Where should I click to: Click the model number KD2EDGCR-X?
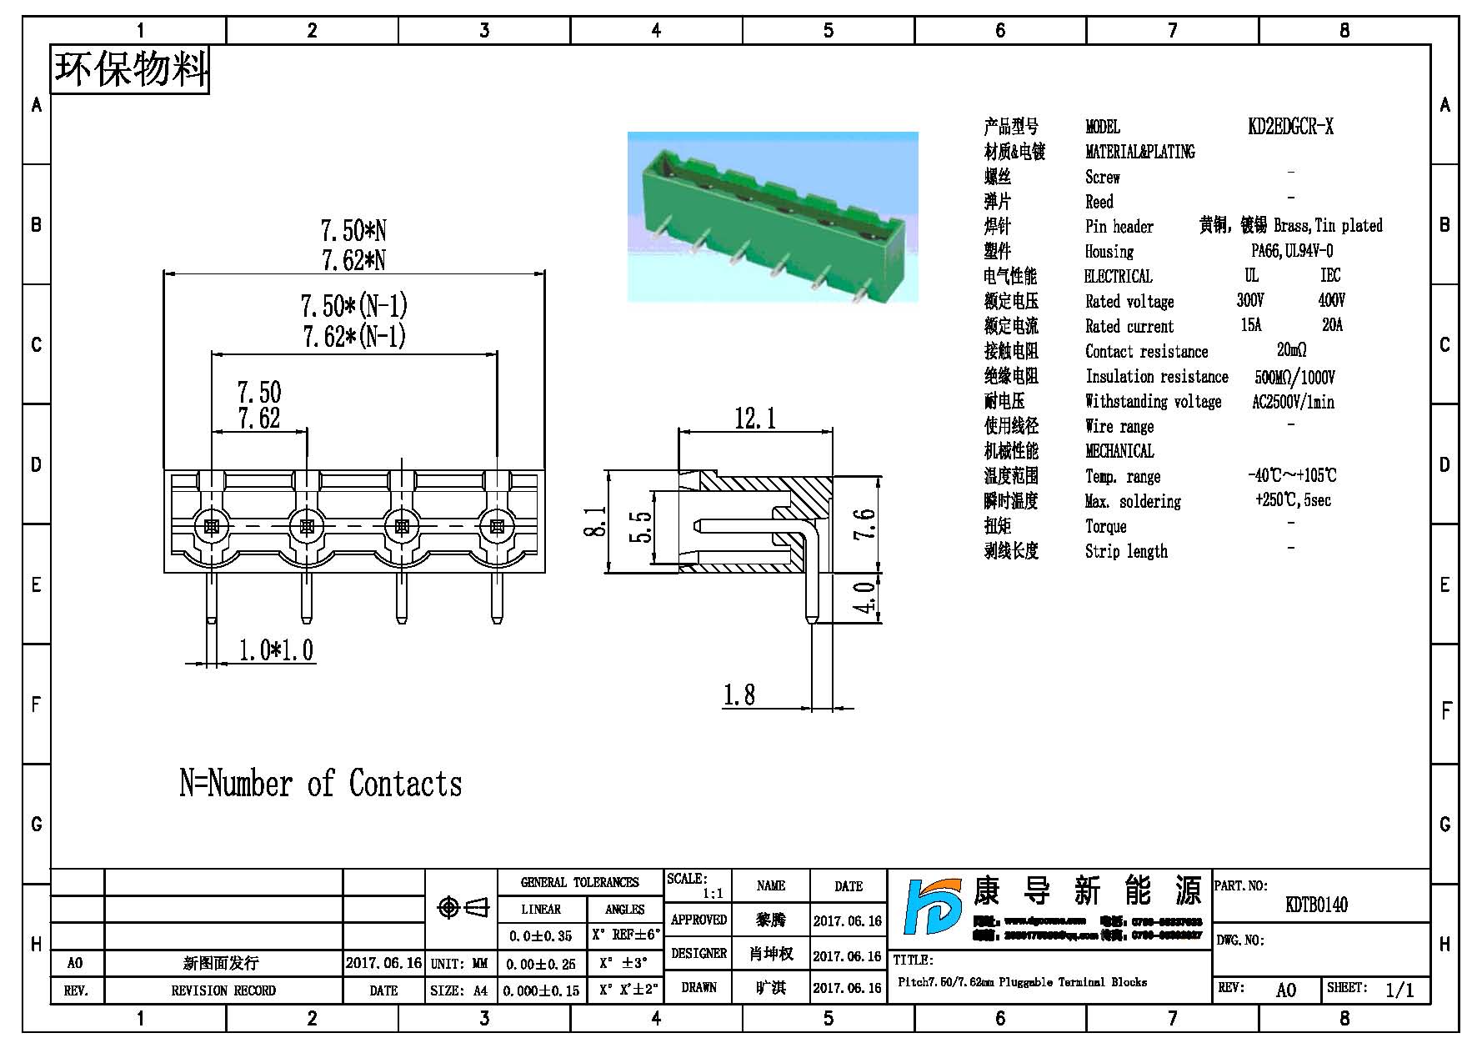coord(1290,127)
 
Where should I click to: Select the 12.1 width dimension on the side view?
coord(754,418)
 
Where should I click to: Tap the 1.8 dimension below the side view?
coord(738,694)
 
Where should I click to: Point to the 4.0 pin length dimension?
coord(866,598)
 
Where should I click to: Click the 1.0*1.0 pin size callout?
coord(276,650)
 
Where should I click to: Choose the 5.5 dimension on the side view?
coord(640,526)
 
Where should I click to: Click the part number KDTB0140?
coord(1316,905)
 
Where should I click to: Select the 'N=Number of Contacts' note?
coord(320,784)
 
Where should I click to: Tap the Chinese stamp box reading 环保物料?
coord(130,69)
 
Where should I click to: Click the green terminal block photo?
coord(773,217)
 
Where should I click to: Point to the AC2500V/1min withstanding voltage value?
coord(1293,402)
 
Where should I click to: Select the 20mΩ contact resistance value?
coord(1291,350)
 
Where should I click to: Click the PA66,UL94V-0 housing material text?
coord(1291,251)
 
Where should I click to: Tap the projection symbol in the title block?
coord(463,907)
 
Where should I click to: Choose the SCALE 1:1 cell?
coord(698,886)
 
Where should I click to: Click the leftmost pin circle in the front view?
coord(211,527)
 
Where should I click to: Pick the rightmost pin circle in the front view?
coord(497,527)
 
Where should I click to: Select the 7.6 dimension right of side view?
coord(866,524)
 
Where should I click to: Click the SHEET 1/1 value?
coord(1399,990)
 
